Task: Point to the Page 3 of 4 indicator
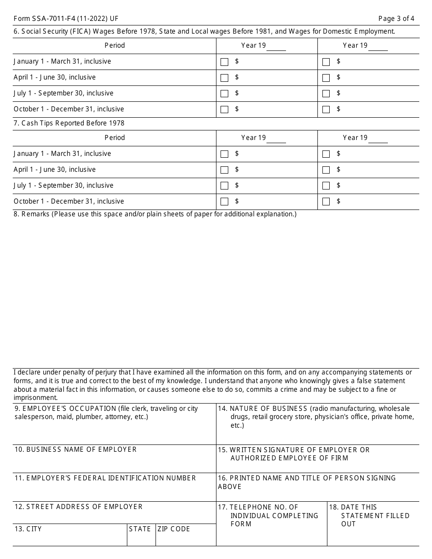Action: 396,19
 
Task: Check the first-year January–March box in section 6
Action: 224,62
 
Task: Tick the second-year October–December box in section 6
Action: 326,110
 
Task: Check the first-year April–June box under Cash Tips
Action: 224,170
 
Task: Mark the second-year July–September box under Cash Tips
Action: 326,186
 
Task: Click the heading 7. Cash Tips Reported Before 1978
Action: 69,123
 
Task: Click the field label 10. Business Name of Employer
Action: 75,449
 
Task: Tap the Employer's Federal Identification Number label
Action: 105,478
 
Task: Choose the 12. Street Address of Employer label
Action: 78,507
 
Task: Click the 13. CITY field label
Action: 28,529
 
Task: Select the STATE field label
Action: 140,529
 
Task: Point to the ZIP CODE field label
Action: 174,529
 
